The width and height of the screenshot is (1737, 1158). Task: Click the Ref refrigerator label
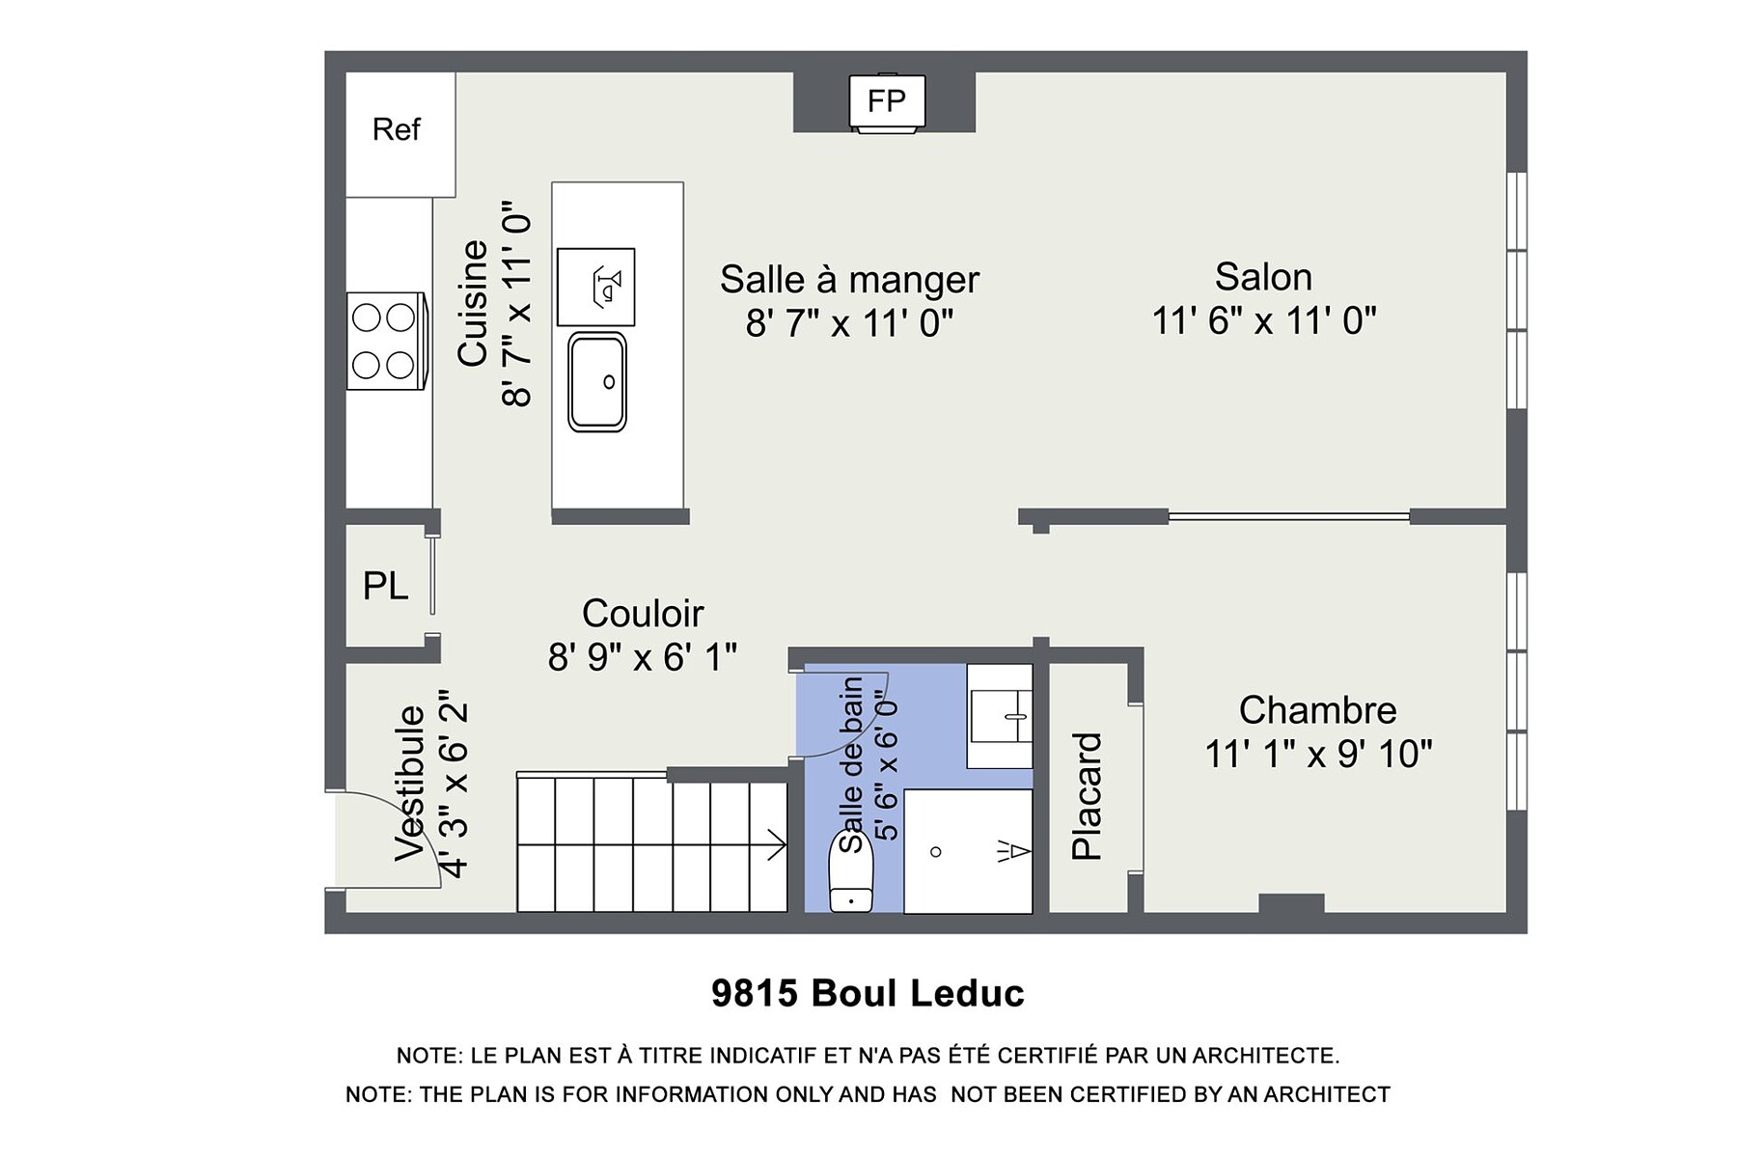pos(397,129)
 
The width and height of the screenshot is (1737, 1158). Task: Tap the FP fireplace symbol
pos(887,101)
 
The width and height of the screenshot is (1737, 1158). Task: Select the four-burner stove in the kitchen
pos(387,341)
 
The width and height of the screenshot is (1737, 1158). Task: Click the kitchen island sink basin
pos(597,381)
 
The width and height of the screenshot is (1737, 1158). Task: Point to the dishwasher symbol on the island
pos(596,287)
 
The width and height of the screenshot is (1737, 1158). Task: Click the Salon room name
pos(1263,277)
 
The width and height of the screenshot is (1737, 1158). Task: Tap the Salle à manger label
pos(849,280)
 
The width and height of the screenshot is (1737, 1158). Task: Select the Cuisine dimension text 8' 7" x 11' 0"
pos(516,304)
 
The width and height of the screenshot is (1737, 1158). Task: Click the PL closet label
pos(385,586)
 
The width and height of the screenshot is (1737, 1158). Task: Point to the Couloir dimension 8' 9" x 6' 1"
pos(643,657)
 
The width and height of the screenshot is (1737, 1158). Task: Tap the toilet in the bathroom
pos(851,871)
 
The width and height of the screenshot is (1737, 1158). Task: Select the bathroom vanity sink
pos(1000,716)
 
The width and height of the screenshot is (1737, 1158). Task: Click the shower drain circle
pos(935,852)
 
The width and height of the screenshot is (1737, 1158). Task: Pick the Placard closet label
pos(1087,796)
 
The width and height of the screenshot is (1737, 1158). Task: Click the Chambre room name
pos(1317,710)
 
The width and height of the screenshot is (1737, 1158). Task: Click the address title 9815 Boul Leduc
pos(868,993)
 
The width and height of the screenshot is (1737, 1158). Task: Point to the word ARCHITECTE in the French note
pos(1266,1056)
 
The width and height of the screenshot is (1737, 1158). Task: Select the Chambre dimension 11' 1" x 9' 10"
pos(1318,754)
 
